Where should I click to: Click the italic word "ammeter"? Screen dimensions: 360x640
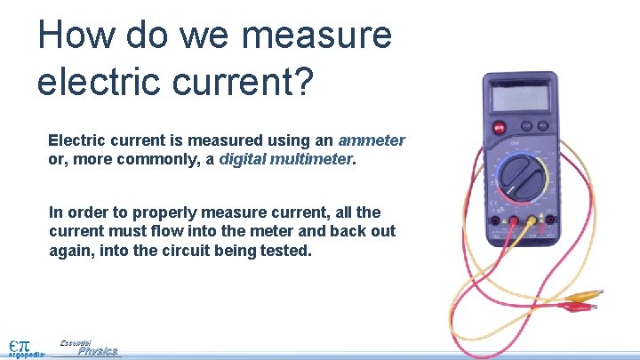click(x=372, y=140)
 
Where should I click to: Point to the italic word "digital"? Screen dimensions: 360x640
click(x=245, y=160)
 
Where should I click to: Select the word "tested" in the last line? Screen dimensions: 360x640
click(x=284, y=251)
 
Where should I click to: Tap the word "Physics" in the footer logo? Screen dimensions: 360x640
click(x=97, y=351)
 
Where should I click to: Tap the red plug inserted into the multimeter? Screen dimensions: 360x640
click(x=513, y=221)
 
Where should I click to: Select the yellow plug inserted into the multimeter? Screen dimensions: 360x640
click(x=532, y=221)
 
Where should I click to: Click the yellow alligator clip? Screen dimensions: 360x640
click(x=584, y=295)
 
